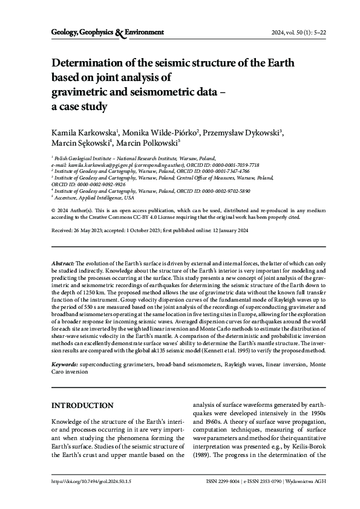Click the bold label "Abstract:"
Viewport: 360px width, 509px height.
[x=63, y=264]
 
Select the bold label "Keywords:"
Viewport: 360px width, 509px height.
[x=65, y=365]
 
